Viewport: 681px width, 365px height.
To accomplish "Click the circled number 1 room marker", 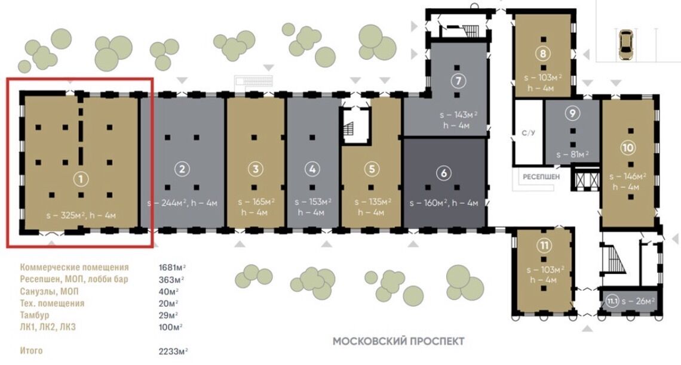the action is pyautogui.click(x=81, y=178).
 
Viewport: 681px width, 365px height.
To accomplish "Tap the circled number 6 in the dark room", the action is pyautogui.click(x=443, y=173).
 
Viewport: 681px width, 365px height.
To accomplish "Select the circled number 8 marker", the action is pyautogui.click(x=543, y=54).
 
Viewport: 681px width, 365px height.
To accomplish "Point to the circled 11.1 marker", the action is pyautogui.click(x=612, y=301).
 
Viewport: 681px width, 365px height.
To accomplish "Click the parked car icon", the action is pyautogui.click(x=625, y=45).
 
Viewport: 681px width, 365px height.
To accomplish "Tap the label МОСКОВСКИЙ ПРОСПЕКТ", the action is pyautogui.click(x=398, y=341).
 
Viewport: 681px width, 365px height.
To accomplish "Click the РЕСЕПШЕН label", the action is pyautogui.click(x=541, y=177).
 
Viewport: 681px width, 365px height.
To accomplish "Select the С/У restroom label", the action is pyautogui.click(x=528, y=132).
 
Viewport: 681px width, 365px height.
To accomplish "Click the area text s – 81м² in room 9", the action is pyautogui.click(x=572, y=154).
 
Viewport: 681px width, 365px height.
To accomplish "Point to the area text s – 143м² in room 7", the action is pyautogui.click(x=458, y=115).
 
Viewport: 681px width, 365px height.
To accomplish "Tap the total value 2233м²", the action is pyautogui.click(x=173, y=351).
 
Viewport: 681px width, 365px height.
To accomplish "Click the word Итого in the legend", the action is pyautogui.click(x=31, y=350).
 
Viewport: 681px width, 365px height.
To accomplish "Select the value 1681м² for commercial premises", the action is pyautogui.click(x=172, y=267).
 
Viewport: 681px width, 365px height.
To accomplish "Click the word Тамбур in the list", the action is pyautogui.click(x=34, y=315).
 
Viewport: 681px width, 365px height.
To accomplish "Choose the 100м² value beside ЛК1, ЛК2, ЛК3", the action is pyautogui.click(x=170, y=327).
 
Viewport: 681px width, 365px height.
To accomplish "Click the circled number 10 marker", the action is pyautogui.click(x=628, y=148).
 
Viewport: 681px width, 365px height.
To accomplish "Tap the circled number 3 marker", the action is pyautogui.click(x=256, y=169).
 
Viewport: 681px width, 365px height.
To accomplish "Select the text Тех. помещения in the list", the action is pyautogui.click(x=52, y=303).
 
